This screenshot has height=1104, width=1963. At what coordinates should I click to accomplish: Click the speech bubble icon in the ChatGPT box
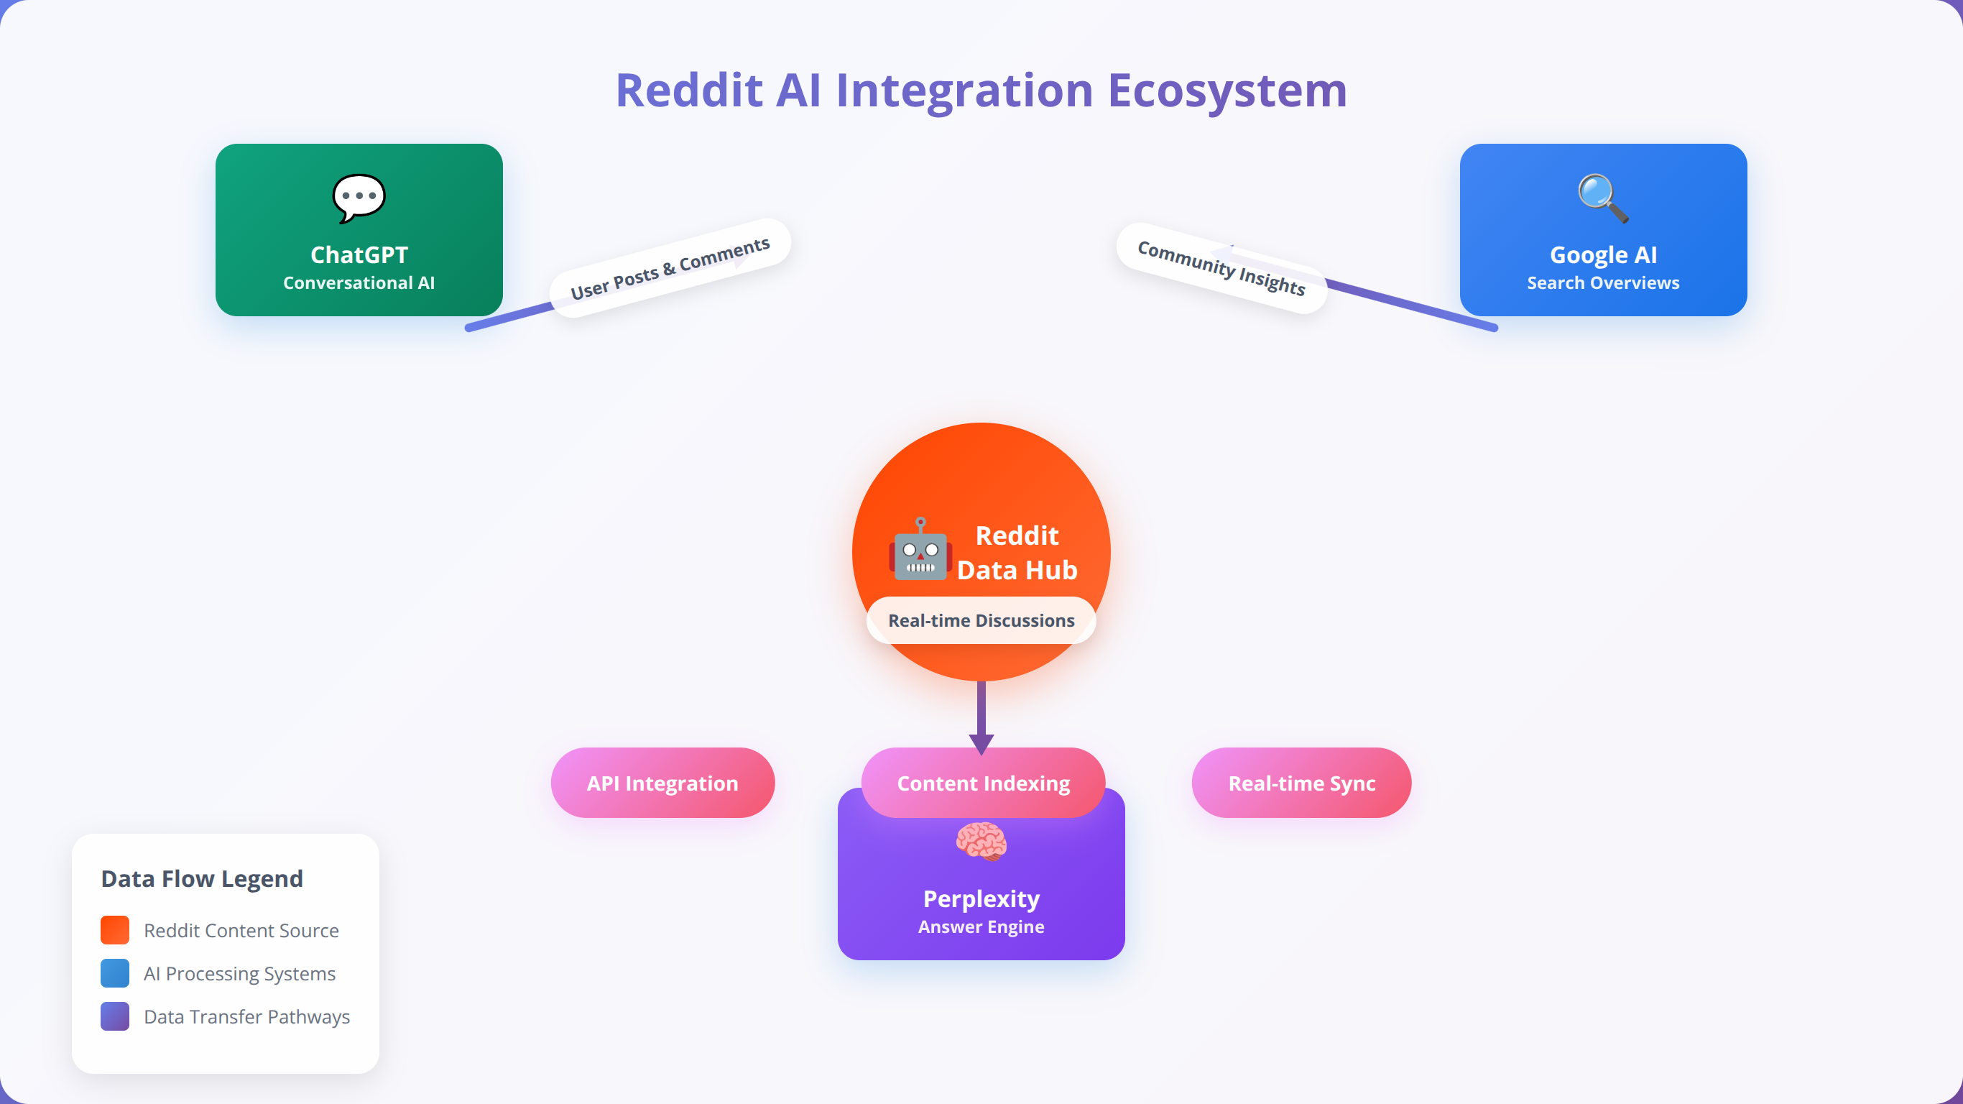tap(359, 198)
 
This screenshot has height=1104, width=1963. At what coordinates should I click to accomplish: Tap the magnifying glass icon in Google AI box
tap(1603, 198)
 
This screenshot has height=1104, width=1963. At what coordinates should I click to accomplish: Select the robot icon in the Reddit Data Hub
tap(920, 549)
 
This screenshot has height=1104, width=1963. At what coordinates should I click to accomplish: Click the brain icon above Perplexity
tap(981, 841)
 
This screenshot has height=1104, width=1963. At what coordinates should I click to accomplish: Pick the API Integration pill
tap(663, 783)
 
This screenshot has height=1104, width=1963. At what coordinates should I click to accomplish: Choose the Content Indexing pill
tap(983, 783)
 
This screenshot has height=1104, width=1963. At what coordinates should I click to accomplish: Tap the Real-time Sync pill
tap(1301, 783)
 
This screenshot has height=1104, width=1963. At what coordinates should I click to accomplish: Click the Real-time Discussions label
tap(981, 620)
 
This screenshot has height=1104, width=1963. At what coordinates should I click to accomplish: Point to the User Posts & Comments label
tap(670, 268)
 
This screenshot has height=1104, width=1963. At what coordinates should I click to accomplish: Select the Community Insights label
tap(1221, 268)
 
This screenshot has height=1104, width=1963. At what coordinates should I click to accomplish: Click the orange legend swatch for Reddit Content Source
tap(115, 930)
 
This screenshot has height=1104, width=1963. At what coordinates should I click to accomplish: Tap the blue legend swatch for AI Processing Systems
tap(115, 974)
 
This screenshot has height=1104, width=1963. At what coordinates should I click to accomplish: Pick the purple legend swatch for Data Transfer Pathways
tap(115, 1016)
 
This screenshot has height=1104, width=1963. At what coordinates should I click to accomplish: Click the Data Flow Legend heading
tap(202, 879)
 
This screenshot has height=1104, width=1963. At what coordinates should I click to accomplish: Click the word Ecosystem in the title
tap(1228, 91)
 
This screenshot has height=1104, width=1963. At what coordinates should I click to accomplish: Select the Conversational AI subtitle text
tap(359, 283)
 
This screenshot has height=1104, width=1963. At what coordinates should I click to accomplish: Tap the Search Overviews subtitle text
tap(1603, 283)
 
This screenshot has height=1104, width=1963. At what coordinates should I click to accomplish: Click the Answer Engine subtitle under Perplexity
tap(981, 927)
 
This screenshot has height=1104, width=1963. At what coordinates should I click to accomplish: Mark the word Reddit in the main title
tap(690, 90)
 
